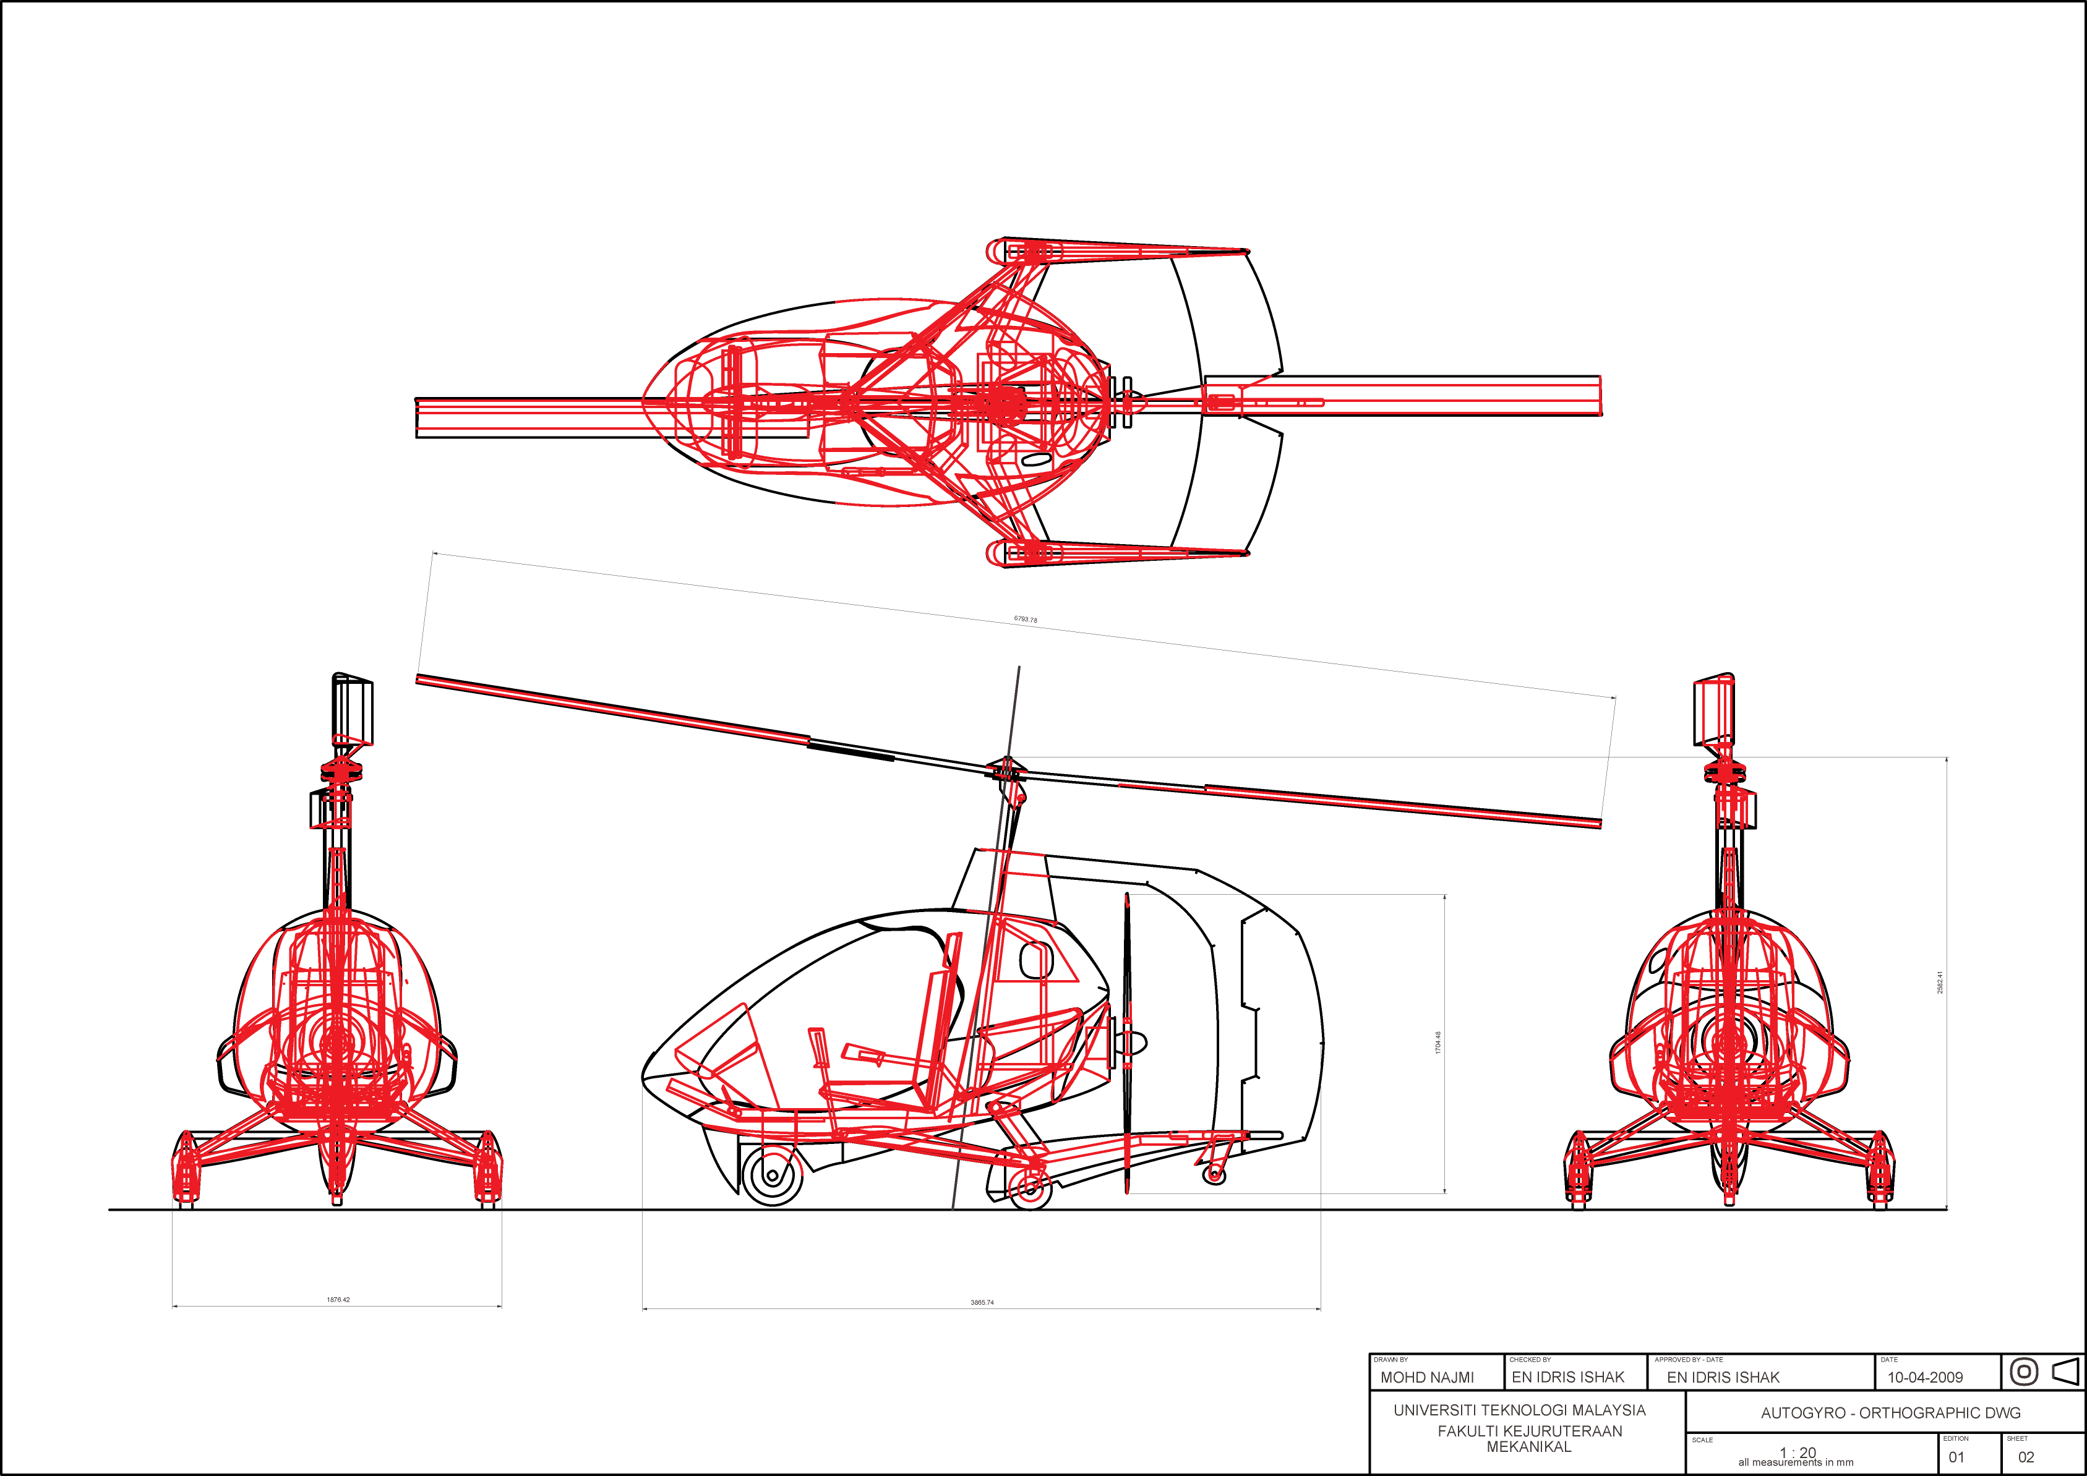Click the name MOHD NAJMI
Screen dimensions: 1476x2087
tap(1427, 1378)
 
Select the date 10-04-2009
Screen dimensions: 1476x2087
tap(1925, 1377)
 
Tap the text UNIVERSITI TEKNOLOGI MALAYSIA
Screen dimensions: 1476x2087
tap(1519, 1410)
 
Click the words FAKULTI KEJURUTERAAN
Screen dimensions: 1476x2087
tap(1530, 1431)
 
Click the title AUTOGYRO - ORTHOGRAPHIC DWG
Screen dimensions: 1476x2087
tap(1891, 1414)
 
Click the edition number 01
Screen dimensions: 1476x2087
tap(1955, 1457)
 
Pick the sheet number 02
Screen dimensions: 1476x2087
tap(2026, 1457)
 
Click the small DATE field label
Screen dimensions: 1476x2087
tap(1889, 1360)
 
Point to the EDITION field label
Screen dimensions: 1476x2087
tap(1955, 1439)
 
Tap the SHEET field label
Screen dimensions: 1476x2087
tap(2017, 1439)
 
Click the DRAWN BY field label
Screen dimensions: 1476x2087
tap(1391, 1360)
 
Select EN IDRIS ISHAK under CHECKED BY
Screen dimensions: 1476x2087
tap(1568, 1378)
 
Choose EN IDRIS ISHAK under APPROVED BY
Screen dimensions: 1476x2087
tap(1723, 1378)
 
